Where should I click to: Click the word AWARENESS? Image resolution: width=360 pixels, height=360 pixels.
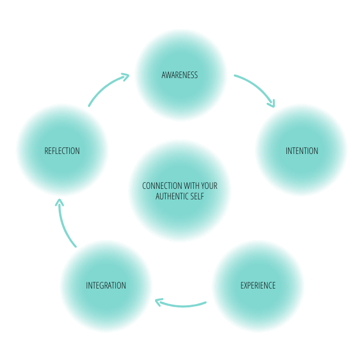pos(179,75)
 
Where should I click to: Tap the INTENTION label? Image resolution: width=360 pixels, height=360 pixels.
pos(302,151)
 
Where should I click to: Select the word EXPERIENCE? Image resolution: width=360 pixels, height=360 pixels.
pos(258,286)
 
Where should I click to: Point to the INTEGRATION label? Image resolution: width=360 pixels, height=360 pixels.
pos(106,286)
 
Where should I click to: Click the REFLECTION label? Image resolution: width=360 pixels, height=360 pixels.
pos(62,151)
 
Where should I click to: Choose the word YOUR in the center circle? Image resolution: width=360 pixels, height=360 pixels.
pos(209,186)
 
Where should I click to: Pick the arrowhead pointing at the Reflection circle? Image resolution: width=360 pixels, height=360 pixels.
pos(60,202)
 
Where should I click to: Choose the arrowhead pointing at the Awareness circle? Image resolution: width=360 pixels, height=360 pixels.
pos(126,76)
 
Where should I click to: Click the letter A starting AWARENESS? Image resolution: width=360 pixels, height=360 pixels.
pos(163,75)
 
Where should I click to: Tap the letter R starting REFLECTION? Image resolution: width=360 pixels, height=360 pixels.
pos(46,151)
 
